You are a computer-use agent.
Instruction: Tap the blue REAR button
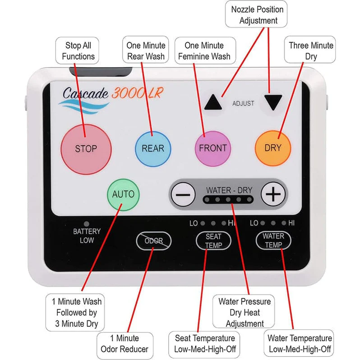(x=153, y=148)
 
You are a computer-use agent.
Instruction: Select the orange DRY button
(x=272, y=148)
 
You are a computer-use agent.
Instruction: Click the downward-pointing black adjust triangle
(x=273, y=102)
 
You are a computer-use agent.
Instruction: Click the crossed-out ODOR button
(x=153, y=241)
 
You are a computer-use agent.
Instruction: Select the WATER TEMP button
(x=273, y=240)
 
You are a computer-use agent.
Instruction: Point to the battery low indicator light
(x=87, y=223)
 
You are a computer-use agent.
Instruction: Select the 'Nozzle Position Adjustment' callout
(x=258, y=15)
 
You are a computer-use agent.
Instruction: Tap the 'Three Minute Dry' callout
(x=311, y=51)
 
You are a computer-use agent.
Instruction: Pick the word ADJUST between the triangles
(x=243, y=103)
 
